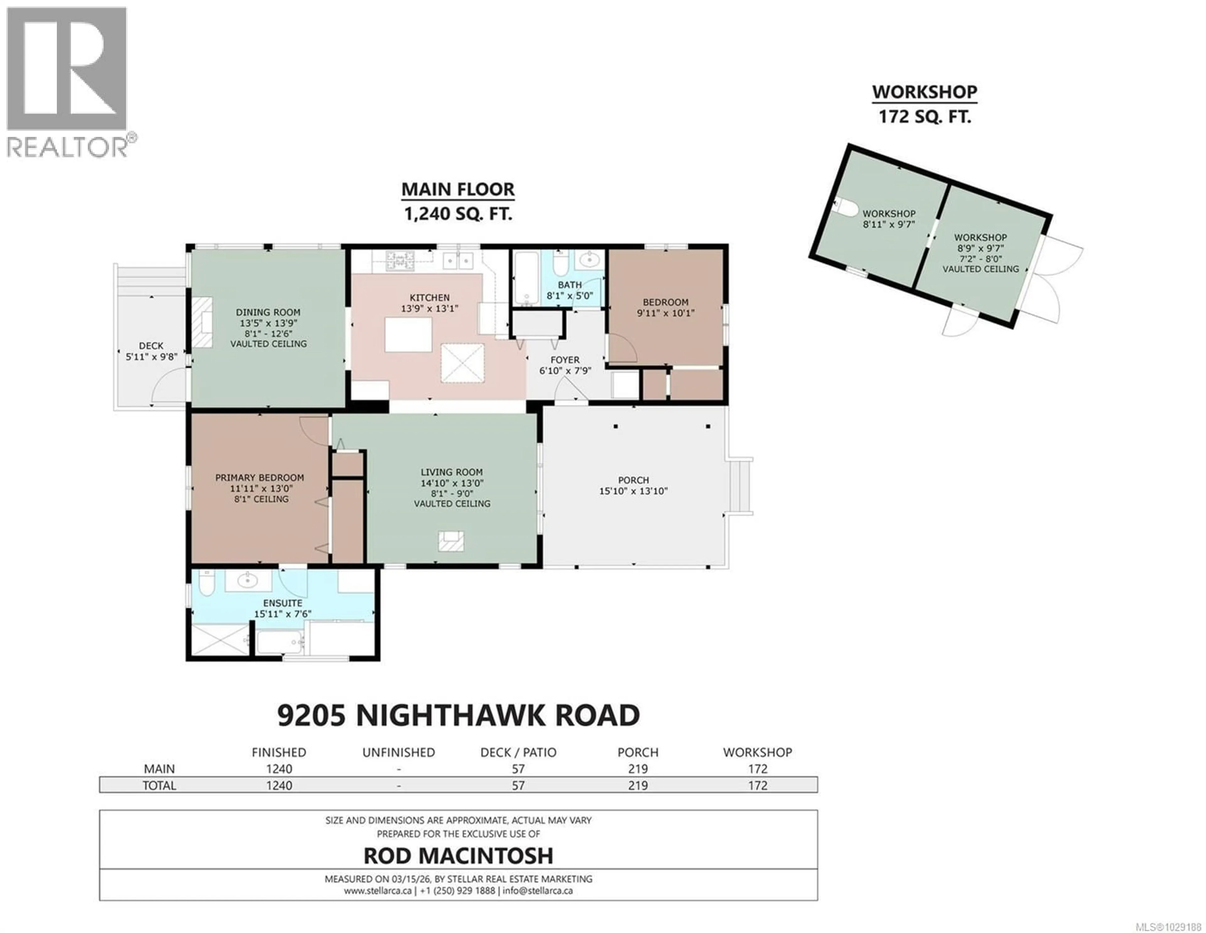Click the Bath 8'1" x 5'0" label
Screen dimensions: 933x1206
[569, 290]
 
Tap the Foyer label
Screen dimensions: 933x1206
[564, 359]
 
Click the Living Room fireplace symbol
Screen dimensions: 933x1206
[451, 541]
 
